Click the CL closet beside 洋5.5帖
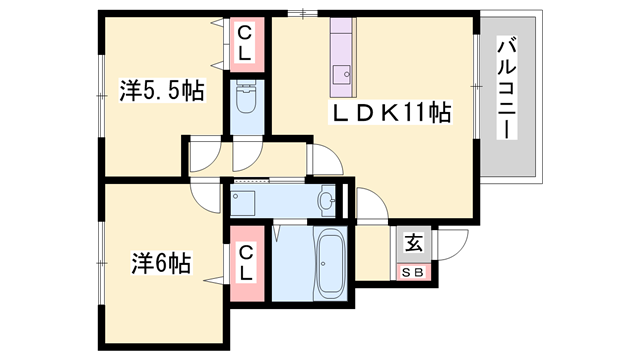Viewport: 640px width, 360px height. coord(243,46)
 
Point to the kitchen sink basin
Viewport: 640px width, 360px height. coord(342,73)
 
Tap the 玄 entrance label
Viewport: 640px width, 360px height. coord(413,243)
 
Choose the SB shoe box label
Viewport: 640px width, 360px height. coord(413,271)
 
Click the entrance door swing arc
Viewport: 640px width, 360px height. coord(451,246)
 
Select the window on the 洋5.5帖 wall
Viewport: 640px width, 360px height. coord(101,94)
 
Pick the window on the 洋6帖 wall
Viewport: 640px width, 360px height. coord(101,262)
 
